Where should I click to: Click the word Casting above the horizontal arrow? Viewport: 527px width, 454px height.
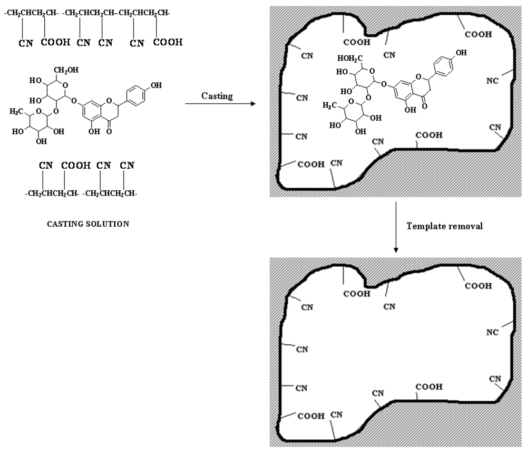coord(217,95)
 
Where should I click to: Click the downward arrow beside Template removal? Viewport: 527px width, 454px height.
coord(396,227)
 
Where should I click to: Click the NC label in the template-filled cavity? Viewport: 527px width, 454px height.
coord(492,81)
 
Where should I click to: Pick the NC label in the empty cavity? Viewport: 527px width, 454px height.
coord(492,332)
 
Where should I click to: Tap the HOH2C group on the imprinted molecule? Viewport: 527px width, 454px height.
coord(347,58)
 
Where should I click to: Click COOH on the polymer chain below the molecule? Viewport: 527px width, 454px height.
coord(71,166)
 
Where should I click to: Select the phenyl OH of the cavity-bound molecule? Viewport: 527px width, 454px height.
coord(460,52)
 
